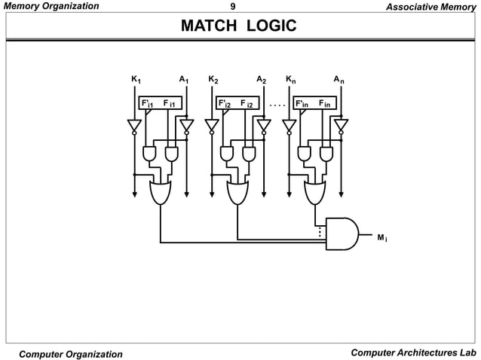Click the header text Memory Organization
click(51, 6)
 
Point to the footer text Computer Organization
click(71, 354)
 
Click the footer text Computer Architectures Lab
click(414, 353)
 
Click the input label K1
click(136, 78)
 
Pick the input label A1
click(183, 78)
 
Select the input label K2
click(213, 78)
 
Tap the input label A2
click(261, 78)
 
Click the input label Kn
click(291, 78)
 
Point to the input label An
click(339, 78)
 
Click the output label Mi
click(383, 238)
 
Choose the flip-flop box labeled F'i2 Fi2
click(236, 103)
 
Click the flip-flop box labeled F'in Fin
click(313, 103)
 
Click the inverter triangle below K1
click(134, 125)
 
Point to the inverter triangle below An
click(342, 125)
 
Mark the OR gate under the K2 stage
click(237, 192)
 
